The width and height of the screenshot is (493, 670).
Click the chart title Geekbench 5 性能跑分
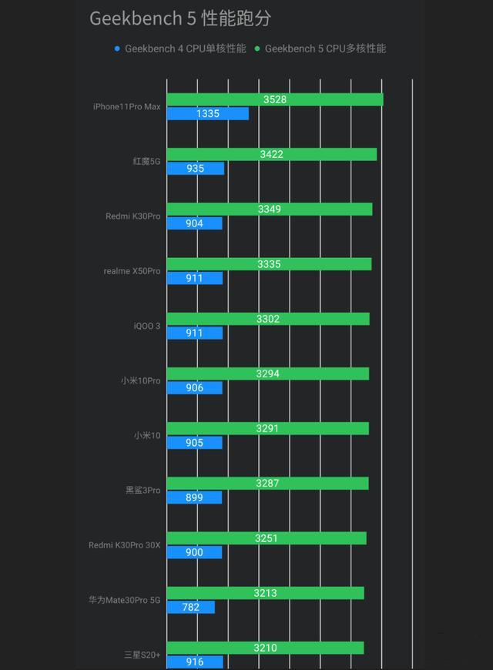[180, 19]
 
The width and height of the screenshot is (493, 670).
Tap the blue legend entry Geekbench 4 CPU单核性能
[180, 49]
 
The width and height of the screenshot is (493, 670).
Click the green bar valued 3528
[274, 99]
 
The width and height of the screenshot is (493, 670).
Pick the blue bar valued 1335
[207, 114]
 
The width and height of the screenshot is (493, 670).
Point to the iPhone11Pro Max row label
[127, 106]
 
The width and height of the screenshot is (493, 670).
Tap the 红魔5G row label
[146, 162]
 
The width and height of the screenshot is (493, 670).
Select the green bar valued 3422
[271, 154]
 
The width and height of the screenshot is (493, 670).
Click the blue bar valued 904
[194, 223]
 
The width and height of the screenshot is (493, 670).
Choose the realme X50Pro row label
[132, 271]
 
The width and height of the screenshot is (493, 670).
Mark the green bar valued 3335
[269, 264]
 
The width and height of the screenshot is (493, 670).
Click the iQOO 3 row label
[147, 326]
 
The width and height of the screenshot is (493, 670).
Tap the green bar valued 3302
[268, 319]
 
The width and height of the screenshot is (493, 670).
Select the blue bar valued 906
[194, 387]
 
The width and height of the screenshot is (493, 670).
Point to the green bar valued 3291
[267, 428]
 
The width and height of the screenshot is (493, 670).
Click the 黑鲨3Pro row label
[143, 491]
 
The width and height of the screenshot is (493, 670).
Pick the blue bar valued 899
[194, 497]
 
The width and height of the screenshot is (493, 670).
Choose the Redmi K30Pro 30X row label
[125, 545]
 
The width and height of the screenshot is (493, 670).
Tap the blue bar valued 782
[190, 607]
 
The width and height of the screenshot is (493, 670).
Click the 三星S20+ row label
[143, 655]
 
